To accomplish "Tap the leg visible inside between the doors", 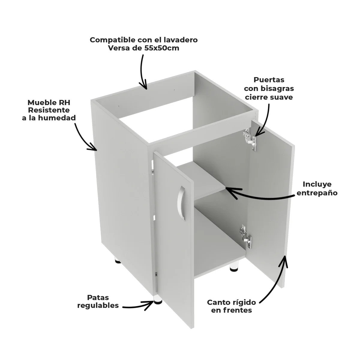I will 233,266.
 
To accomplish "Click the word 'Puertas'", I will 269,80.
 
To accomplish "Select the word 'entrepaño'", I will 317,193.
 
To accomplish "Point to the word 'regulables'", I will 98,306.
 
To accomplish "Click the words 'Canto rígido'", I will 231,302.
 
